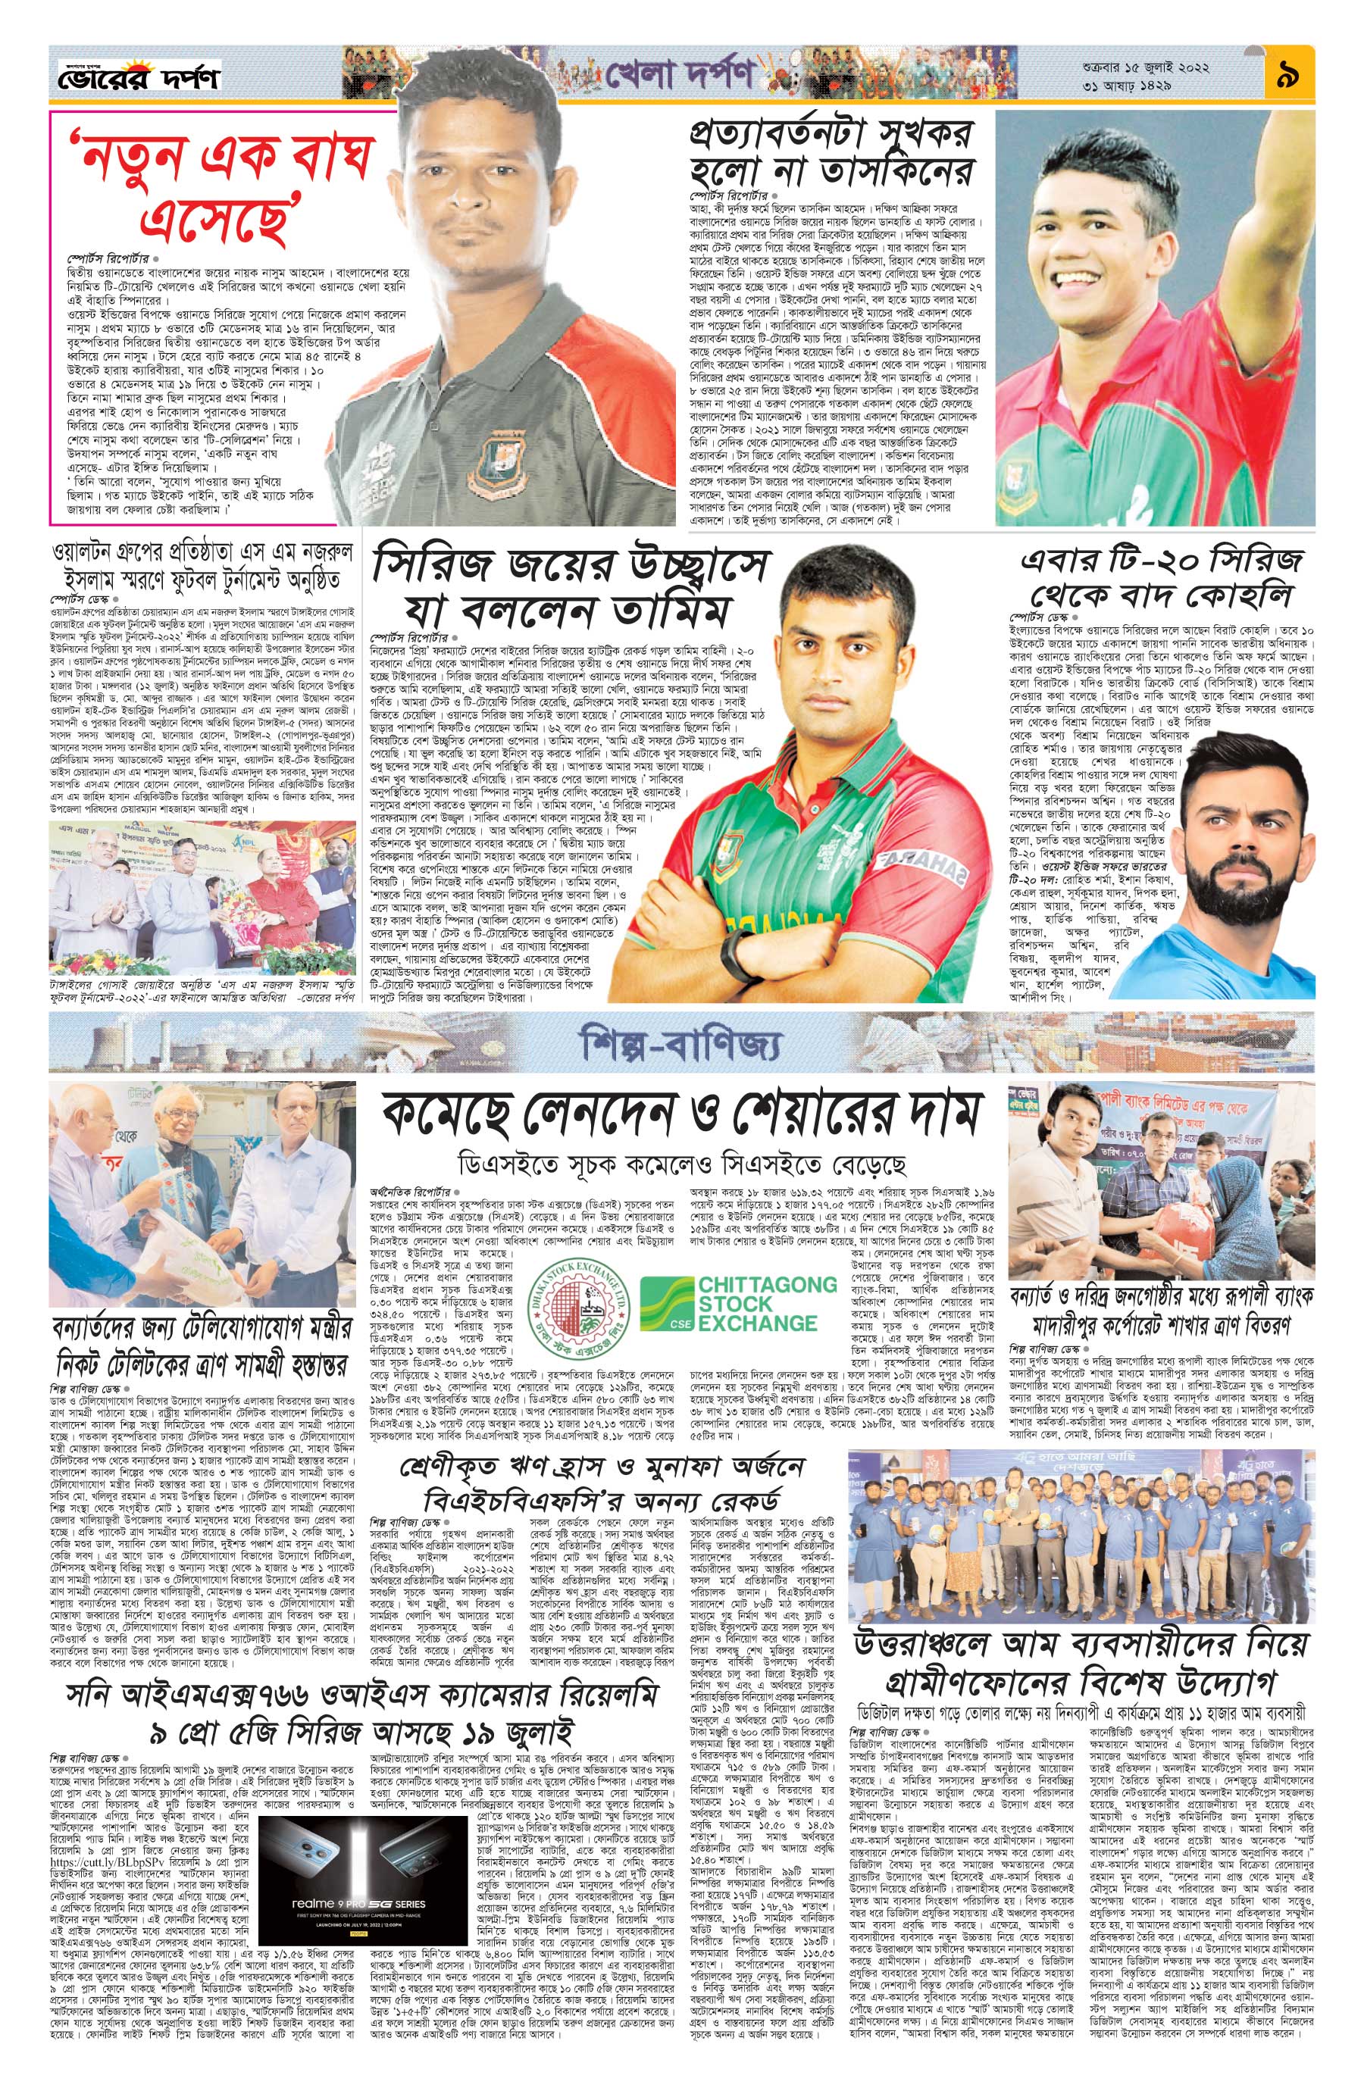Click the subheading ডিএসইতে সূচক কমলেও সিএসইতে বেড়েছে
coord(680,1163)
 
